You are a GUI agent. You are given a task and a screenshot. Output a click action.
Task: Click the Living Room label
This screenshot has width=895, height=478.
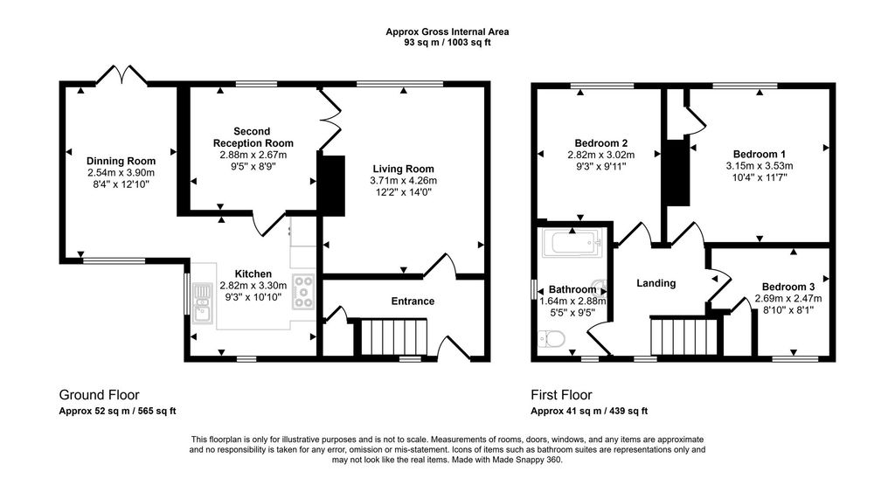(x=403, y=169)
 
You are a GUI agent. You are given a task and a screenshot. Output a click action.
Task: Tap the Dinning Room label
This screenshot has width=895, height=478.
(x=121, y=161)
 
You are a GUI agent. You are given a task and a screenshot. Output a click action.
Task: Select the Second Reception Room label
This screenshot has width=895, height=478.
(x=252, y=137)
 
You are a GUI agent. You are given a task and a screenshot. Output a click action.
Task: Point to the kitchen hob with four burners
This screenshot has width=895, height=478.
(x=303, y=292)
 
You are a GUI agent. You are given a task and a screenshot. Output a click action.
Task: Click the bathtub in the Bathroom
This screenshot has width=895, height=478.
(x=572, y=243)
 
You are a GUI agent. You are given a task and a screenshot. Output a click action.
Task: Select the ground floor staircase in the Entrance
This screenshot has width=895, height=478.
(x=393, y=336)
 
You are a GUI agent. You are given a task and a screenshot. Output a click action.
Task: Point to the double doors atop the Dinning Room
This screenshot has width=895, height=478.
(x=121, y=75)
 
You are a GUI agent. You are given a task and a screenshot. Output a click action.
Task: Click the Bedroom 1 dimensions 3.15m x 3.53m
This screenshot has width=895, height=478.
(x=759, y=166)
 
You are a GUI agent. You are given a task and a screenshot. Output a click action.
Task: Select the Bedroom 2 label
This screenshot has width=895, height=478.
(x=601, y=143)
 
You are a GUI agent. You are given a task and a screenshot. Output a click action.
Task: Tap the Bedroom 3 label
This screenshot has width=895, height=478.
(x=787, y=287)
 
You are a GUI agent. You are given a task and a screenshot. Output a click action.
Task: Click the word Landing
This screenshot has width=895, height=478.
(x=656, y=283)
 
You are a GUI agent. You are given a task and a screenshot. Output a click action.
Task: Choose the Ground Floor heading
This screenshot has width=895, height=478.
(x=99, y=395)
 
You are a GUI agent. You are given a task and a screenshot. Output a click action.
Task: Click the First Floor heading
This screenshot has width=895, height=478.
(x=563, y=395)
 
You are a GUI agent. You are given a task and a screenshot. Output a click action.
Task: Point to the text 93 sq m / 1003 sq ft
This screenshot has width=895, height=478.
(x=447, y=42)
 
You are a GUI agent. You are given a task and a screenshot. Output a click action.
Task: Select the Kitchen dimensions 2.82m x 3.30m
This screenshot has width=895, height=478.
(x=253, y=286)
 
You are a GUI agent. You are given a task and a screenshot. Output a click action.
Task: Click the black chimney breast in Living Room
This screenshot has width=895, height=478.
(x=332, y=184)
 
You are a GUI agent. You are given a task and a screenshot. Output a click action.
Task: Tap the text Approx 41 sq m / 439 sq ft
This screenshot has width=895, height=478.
(x=589, y=411)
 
